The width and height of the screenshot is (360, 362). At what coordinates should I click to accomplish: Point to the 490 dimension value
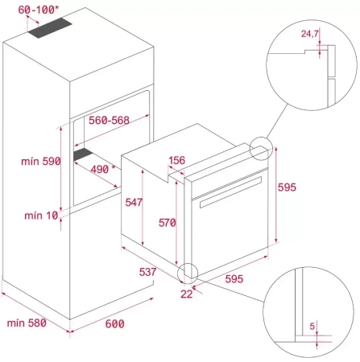click(101, 170)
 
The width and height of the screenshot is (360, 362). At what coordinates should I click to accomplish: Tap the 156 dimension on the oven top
click(179, 158)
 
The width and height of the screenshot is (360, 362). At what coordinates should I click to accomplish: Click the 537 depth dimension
click(147, 272)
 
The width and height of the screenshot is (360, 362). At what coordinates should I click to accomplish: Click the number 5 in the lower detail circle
click(311, 326)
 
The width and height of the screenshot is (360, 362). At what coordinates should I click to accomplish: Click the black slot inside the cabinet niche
click(83, 152)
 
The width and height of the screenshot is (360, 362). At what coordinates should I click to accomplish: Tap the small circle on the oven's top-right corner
click(262, 149)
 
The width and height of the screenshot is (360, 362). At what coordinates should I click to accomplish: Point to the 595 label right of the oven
click(287, 187)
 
